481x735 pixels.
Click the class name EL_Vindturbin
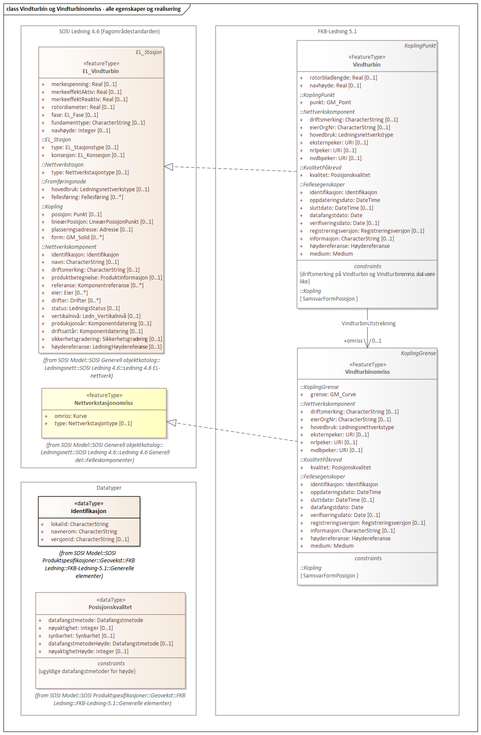(101, 71)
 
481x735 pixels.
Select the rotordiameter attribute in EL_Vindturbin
(83, 107)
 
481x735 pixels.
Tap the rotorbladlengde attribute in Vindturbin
(343, 78)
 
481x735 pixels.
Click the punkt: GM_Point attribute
(330, 103)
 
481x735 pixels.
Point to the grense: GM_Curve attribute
(333, 395)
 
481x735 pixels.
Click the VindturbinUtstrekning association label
(369, 324)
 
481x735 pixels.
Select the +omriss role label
(353, 341)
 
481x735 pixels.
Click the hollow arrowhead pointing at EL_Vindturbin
(169, 167)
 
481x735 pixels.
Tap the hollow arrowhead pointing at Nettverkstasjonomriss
(172, 423)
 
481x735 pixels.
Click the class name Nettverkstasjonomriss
(103, 403)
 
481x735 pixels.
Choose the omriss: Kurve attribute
(71, 416)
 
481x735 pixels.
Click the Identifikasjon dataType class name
(89, 511)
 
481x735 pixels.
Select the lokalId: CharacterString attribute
(80, 524)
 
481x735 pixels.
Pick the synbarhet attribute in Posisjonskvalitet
(81, 636)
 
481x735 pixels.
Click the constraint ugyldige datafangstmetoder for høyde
(87, 671)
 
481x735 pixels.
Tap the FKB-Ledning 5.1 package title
(337, 32)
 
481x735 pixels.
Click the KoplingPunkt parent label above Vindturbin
(420, 46)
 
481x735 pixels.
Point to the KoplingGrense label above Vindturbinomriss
(418, 353)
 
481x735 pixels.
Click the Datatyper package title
(109, 488)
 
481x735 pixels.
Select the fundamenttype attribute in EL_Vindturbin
(98, 123)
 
